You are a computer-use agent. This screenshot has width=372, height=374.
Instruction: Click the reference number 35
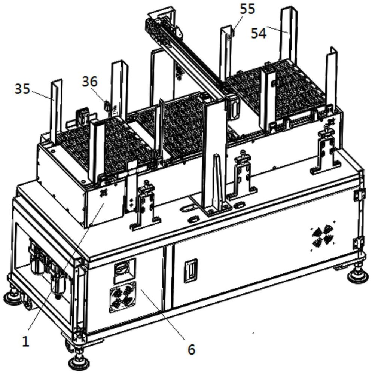(x=22, y=89)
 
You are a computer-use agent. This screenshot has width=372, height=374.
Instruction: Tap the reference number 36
(x=89, y=82)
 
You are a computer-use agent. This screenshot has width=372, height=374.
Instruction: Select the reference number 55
(x=247, y=9)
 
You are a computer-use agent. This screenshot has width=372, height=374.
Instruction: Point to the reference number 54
(x=259, y=33)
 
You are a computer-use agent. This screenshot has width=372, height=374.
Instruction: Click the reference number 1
(x=25, y=341)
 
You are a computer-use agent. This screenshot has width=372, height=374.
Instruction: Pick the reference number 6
(x=191, y=349)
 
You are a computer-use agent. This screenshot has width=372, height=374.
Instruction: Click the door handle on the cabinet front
(x=190, y=271)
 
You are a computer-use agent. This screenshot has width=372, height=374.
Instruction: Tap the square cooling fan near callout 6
(x=122, y=299)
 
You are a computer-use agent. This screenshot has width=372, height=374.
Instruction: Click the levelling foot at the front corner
(x=79, y=361)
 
